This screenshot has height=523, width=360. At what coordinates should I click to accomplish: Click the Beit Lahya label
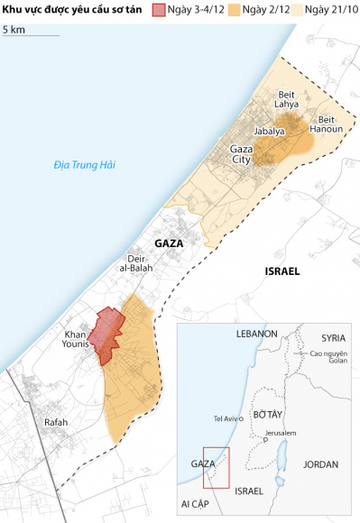(x=286, y=99)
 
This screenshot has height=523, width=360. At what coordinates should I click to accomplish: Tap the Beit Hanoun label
(x=326, y=124)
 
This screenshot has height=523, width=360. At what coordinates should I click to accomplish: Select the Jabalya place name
(x=269, y=131)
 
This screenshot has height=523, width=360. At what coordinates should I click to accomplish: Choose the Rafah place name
(x=56, y=421)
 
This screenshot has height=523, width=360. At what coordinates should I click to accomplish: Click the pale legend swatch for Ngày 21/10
(x=299, y=10)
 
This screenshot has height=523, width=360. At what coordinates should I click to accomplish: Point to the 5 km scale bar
(x=30, y=34)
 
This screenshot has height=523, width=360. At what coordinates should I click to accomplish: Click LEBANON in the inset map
(x=256, y=334)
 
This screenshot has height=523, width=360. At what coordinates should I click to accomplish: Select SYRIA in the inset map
(x=333, y=337)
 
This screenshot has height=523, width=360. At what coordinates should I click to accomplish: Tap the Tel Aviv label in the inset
(x=226, y=418)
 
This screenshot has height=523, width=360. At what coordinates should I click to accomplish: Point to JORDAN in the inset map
(x=321, y=465)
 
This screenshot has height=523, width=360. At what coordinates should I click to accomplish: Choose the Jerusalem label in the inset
(x=282, y=434)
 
